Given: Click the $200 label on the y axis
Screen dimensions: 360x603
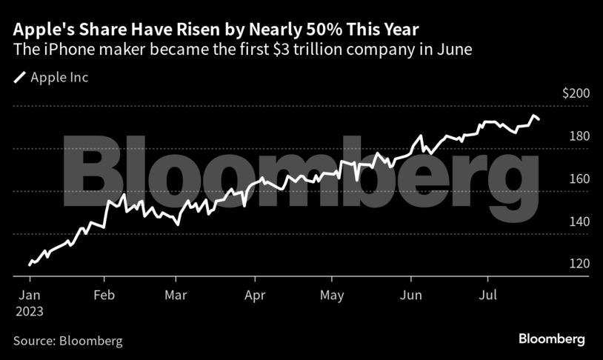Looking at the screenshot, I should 575,94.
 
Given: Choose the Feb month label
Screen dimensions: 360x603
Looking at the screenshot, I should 105,296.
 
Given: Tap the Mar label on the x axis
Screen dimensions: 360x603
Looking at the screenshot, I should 176,296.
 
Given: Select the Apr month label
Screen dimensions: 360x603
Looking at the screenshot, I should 255,296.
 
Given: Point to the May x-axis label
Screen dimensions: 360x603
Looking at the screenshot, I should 333,296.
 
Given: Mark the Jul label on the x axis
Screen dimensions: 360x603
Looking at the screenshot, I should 488,296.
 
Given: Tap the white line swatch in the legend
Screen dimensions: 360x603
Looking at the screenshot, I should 19,77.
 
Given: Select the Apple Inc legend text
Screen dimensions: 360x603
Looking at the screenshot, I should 59,77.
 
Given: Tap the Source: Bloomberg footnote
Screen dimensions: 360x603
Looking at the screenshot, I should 67,341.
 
